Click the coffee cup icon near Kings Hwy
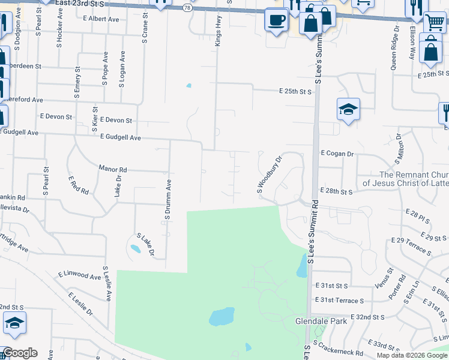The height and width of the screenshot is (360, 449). tap(276, 20)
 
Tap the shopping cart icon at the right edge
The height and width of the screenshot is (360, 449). tap(435, 22)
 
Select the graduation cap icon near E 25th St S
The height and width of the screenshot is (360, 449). tap(348, 110)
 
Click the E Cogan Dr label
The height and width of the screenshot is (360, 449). tap(337, 154)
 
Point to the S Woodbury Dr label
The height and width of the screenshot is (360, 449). tap(270, 175)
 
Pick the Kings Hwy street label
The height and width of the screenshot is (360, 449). tap(217, 33)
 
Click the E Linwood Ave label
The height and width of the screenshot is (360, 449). tap(80, 275)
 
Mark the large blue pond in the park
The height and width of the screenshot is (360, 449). tap(221, 316)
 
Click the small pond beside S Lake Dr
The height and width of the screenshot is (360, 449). tap(136, 248)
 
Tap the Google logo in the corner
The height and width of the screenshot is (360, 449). tap(20, 353)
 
